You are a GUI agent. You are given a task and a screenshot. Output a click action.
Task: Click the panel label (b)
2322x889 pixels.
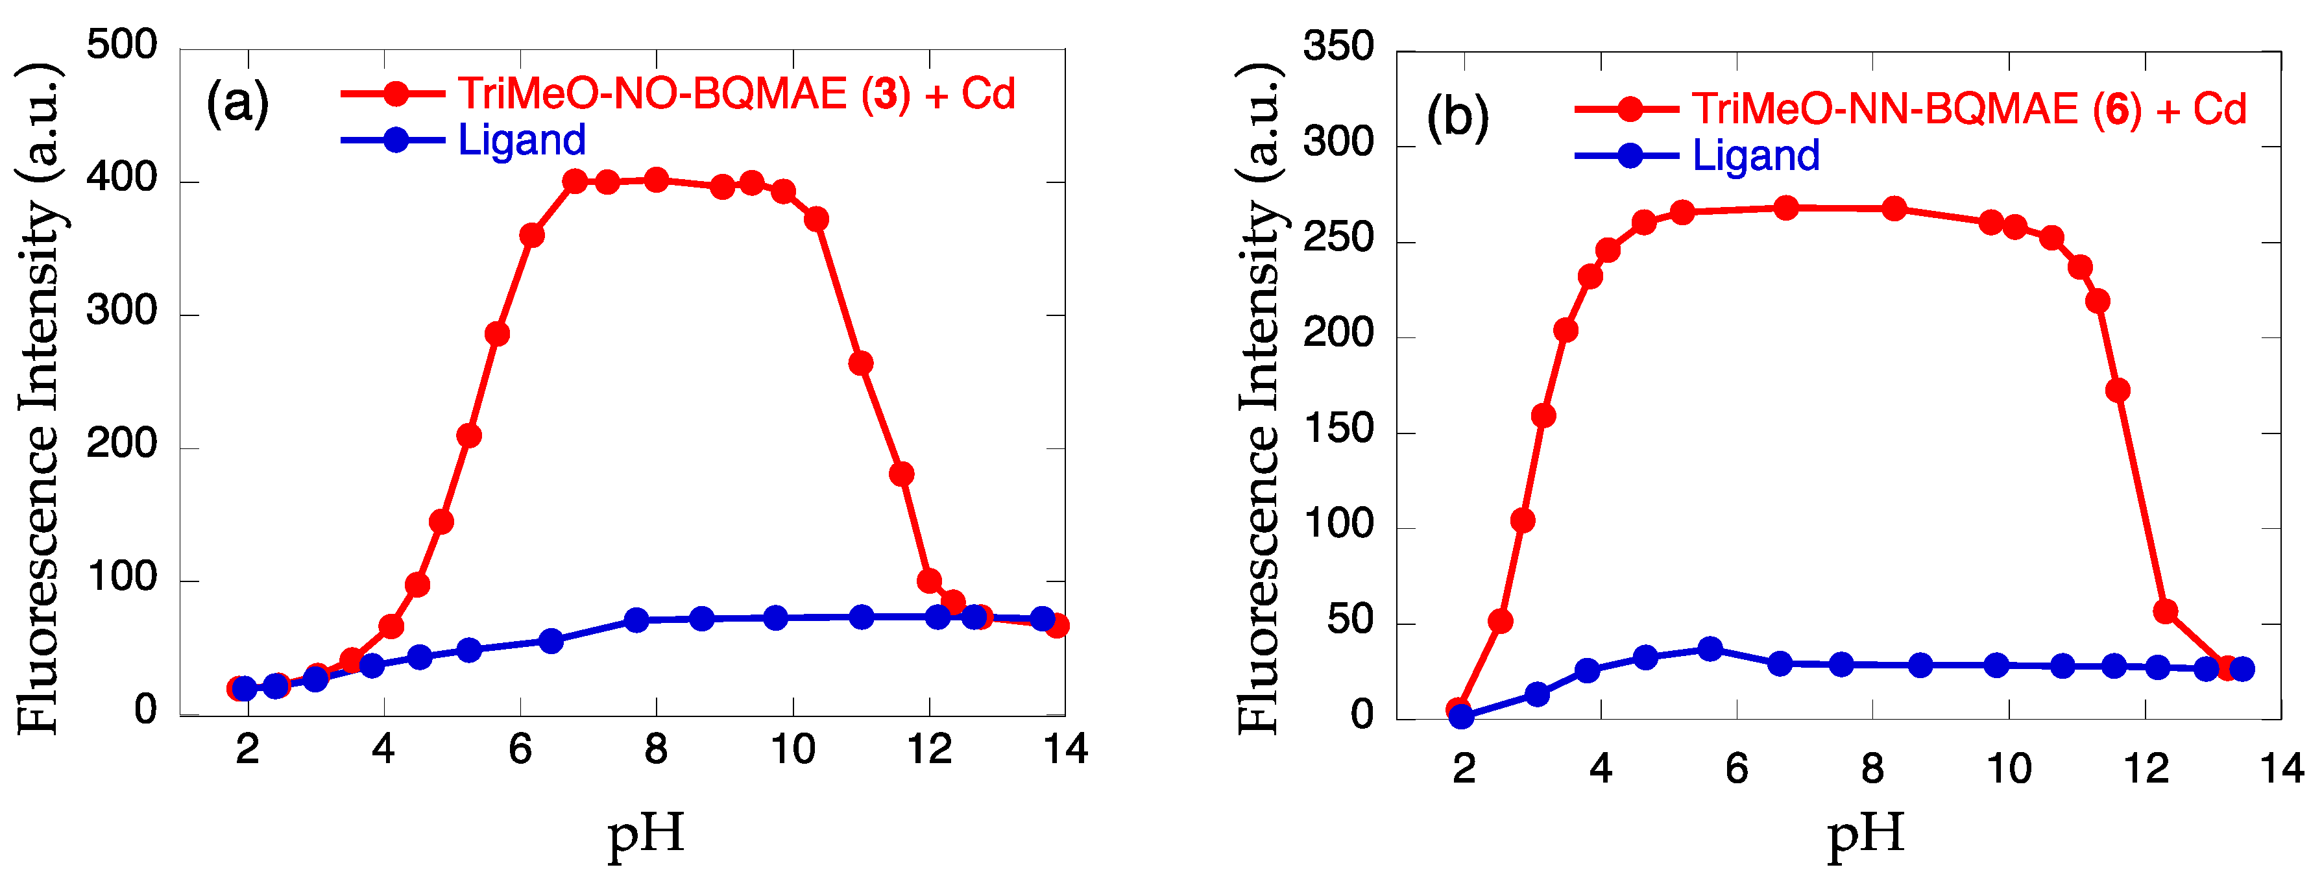click(1458, 117)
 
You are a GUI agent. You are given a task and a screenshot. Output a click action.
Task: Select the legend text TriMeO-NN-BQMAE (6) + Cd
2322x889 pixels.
click(1968, 109)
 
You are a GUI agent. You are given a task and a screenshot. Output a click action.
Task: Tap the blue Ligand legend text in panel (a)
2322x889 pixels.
click(522, 140)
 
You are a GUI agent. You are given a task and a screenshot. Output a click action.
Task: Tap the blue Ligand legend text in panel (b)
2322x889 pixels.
click(1756, 155)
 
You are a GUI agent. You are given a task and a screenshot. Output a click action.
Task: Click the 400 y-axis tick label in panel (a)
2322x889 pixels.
click(122, 178)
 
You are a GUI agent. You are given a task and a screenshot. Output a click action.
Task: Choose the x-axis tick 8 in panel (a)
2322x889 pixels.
click(655, 749)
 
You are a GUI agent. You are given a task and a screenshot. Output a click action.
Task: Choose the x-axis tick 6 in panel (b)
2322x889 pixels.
click(1736, 769)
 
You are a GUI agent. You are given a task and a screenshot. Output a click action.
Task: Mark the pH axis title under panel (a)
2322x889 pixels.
click(646, 834)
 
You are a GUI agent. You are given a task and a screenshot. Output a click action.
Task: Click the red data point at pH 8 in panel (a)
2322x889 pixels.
click(656, 180)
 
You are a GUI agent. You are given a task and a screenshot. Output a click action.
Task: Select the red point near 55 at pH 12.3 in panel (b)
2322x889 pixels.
click(2165, 611)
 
